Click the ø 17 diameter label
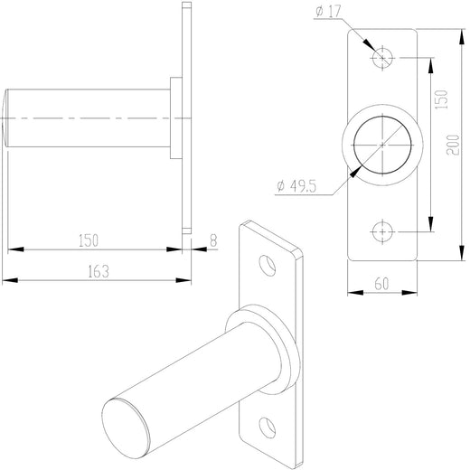[x=328, y=12]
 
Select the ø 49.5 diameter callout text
[x=296, y=186]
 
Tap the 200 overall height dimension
[x=453, y=145]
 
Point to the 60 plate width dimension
[x=381, y=284]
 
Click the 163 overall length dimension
[x=99, y=271]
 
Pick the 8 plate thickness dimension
[x=213, y=240]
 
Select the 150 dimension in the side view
[x=89, y=240]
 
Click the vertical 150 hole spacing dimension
[x=441, y=99]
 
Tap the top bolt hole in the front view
[x=382, y=58]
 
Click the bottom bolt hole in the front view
[x=382, y=232]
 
